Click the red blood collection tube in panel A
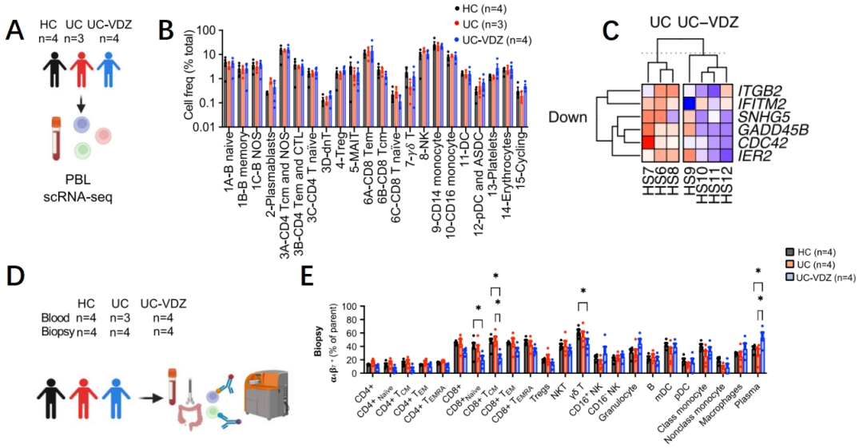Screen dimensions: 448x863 coord(57,138)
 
